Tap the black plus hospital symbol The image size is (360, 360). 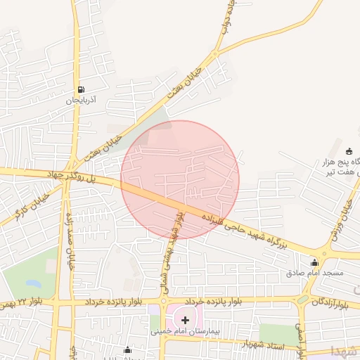click(x=185, y=320)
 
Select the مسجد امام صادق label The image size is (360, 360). click(x=314, y=272)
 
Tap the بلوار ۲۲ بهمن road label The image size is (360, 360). click(x=17, y=304)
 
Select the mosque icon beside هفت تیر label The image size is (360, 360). click(x=349, y=150)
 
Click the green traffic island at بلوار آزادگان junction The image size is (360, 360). click(x=303, y=298)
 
